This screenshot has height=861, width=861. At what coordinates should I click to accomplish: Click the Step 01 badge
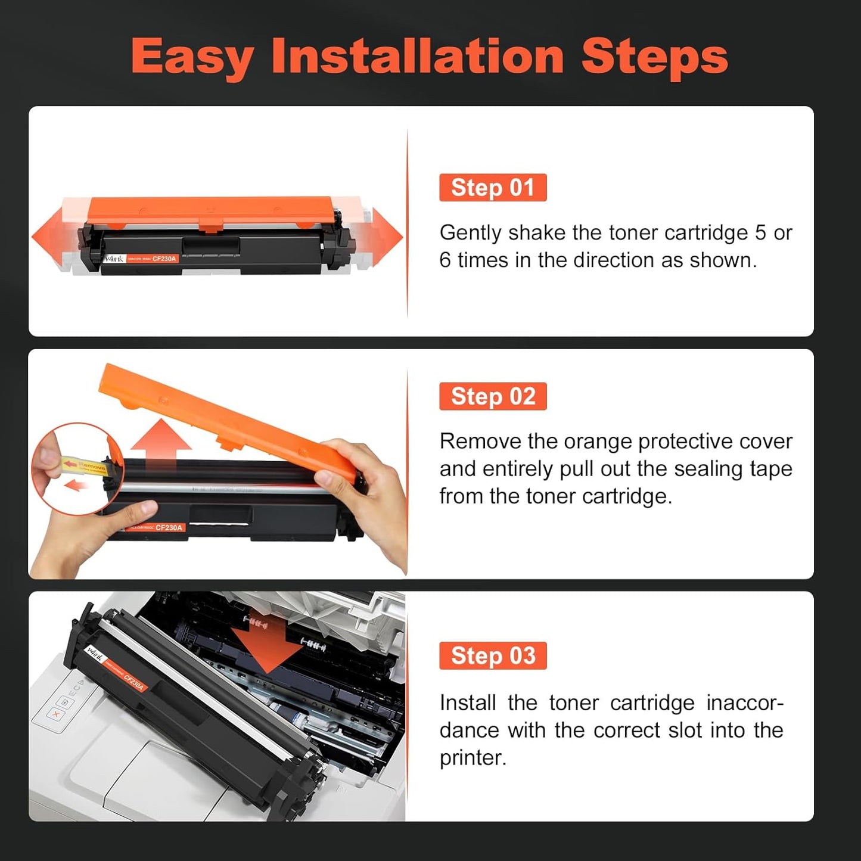(493, 188)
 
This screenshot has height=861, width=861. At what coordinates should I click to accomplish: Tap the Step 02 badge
(493, 396)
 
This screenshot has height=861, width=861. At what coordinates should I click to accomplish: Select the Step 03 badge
(493, 655)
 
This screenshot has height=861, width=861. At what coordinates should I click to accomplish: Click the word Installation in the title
(417, 57)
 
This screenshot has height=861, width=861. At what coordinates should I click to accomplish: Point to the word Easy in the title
(192, 58)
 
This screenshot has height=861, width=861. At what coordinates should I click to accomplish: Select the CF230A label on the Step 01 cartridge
(164, 259)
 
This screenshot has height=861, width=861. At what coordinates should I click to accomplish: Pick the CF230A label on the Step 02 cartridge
(169, 528)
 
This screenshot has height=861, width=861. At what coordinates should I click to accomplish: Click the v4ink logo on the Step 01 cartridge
(114, 259)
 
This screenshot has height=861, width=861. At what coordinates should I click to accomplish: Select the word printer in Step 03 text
(472, 758)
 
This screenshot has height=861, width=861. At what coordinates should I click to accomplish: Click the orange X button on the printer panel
(55, 713)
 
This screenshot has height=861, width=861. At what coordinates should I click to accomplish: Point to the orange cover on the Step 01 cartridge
(210, 210)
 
